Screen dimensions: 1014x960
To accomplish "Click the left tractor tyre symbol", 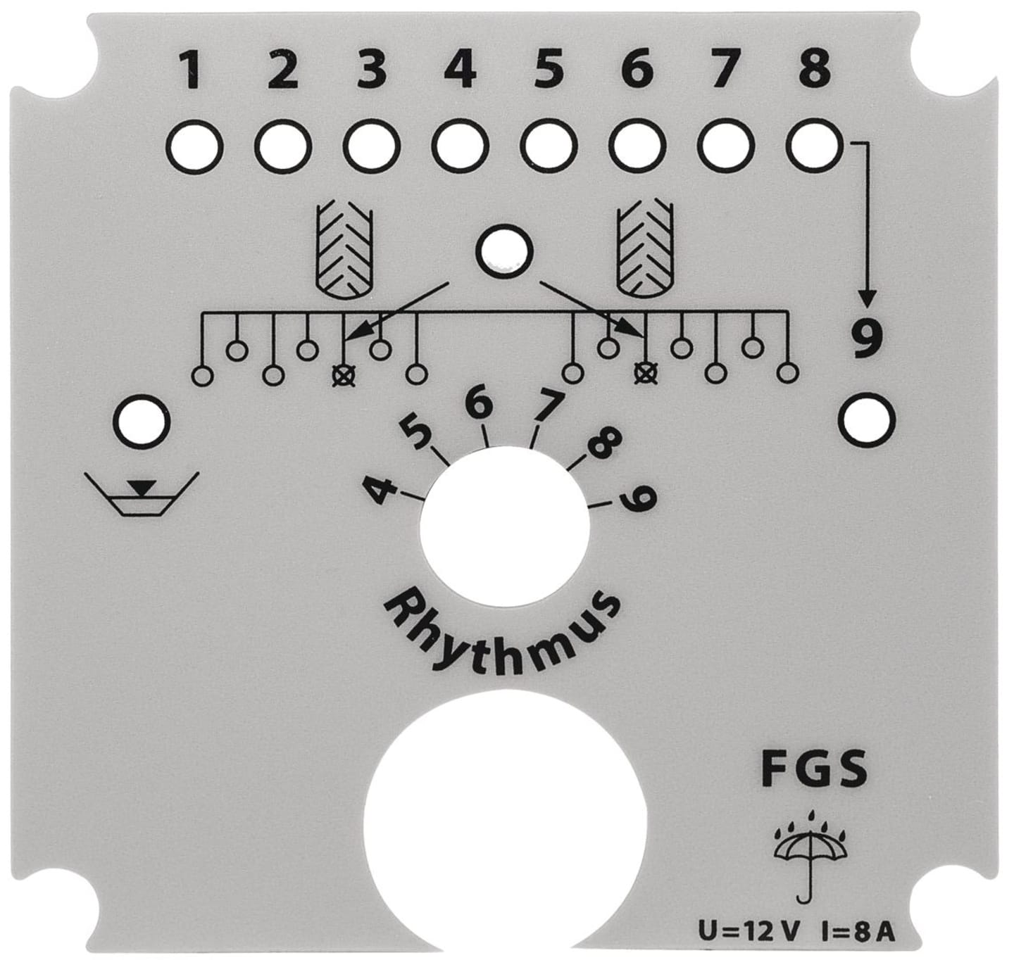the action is pyautogui.click(x=344, y=252).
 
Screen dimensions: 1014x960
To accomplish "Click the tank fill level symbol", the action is pyautogui.click(x=142, y=493).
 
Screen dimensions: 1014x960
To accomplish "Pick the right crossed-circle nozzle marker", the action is pyautogui.click(x=645, y=372).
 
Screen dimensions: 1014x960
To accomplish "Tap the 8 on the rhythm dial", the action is pyautogui.click(x=604, y=443).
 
